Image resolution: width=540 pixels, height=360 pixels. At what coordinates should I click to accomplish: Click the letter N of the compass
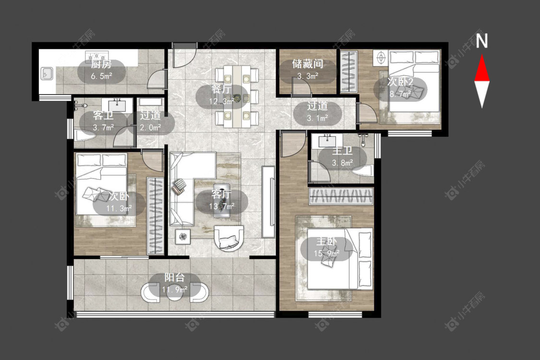click(482, 41)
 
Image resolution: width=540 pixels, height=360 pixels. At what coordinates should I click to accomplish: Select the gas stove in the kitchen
click(97, 56)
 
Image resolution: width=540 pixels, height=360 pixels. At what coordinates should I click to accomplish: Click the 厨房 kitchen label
click(101, 64)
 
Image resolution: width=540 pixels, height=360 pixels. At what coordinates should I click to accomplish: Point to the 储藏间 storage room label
click(308, 64)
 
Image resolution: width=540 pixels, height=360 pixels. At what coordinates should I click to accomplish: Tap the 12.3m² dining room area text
click(222, 101)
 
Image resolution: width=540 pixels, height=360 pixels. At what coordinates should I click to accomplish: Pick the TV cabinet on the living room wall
click(268, 202)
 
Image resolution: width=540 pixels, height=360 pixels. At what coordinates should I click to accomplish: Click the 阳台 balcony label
click(174, 277)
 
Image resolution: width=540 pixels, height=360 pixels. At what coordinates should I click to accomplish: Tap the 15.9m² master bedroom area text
click(327, 253)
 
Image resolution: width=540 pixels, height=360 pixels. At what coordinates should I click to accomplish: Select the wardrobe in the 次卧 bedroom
click(156, 216)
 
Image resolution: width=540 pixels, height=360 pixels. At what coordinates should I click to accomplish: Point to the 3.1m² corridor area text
click(317, 118)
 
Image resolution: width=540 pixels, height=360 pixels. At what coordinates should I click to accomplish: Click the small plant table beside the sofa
click(183, 236)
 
